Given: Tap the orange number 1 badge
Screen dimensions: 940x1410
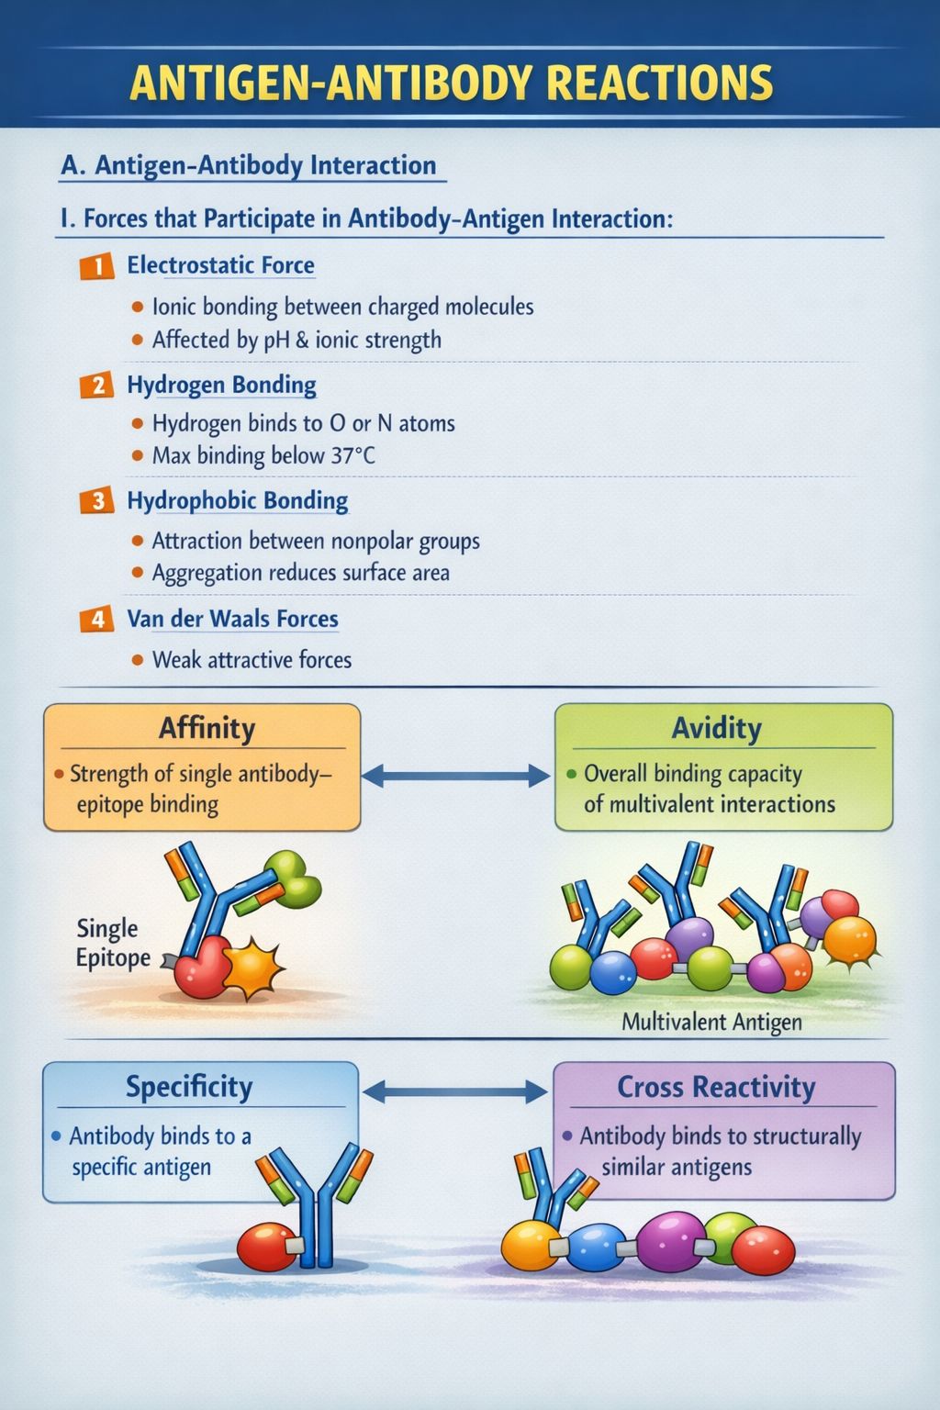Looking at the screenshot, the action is tap(97, 265).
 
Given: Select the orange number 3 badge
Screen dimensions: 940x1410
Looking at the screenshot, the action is tap(97, 502).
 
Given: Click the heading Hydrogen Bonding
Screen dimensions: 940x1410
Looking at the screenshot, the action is tap(221, 385).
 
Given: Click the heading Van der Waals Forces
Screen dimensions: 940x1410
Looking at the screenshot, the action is tap(233, 619).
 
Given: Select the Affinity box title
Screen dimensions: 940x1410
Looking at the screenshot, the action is tap(207, 728).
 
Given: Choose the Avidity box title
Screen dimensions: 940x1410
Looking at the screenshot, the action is tap(717, 728).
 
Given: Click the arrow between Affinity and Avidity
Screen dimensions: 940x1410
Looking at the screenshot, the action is tap(456, 776).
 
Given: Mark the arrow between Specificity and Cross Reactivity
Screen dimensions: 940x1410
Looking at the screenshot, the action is tap(455, 1092).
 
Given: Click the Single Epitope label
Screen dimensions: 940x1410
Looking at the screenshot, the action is tap(113, 943).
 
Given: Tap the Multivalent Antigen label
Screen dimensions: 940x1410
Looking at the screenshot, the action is tap(711, 1021).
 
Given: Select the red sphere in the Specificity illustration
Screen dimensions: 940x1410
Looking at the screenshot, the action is tap(267, 1247).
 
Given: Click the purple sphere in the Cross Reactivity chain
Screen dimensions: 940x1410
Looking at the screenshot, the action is tap(671, 1242).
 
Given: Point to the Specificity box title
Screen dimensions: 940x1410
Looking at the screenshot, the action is tap(189, 1087).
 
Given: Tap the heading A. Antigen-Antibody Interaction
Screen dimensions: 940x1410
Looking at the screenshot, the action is tap(249, 165).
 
